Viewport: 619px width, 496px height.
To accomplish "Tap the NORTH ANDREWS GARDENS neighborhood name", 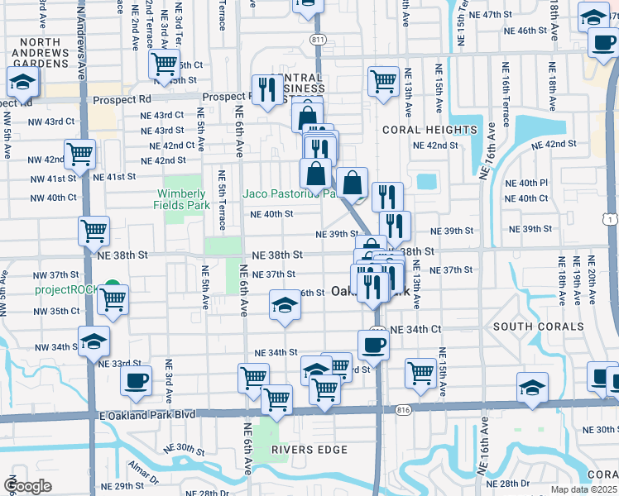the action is tap(34, 53).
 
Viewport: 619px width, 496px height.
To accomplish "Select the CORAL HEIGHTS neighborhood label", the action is tap(429, 130).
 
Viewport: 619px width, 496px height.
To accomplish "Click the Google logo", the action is tap(26, 486).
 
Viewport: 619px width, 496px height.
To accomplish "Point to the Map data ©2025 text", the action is tap(583, 489).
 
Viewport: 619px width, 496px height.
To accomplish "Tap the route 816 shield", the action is tap(403, 408).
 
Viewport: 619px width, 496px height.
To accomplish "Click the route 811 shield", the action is tap(319, 40).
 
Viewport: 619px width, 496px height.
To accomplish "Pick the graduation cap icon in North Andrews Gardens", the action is tap(22, 81).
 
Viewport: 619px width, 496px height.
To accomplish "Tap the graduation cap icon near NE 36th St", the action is tap(284, 304).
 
